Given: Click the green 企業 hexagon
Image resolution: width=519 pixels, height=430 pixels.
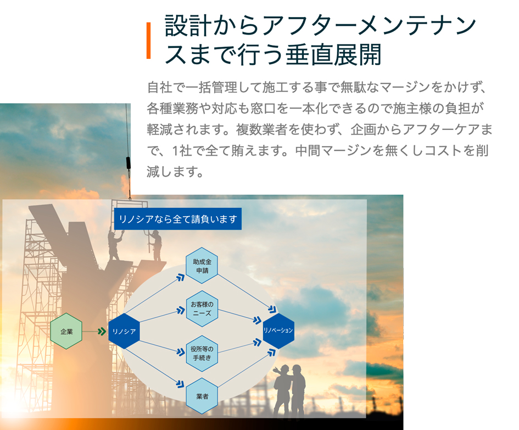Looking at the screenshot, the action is coord(66,331).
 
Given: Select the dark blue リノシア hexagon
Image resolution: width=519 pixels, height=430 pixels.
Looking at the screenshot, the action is coord(124,331).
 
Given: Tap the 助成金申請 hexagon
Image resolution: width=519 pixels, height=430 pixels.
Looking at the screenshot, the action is coord(202,266).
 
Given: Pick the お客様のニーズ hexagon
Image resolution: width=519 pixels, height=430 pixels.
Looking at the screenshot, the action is coord(202,308).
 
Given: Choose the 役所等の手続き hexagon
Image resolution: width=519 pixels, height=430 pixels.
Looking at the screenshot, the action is coord(202,353).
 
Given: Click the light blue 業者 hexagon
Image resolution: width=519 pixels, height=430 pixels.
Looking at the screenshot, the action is coord(202,396).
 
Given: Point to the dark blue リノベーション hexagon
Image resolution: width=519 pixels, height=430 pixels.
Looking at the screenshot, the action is coord(278,330).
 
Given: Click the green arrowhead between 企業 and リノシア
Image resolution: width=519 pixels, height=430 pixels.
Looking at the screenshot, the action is coord(102,331).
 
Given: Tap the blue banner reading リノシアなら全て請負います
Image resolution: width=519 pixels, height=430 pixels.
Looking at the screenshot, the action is coord(178,219).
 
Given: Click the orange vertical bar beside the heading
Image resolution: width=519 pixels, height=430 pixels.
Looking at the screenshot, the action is coord(149,41).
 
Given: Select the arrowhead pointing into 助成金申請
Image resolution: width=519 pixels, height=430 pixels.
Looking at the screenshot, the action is coord(180,277).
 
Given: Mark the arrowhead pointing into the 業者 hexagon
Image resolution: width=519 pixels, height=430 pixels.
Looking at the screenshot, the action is coord(180,384).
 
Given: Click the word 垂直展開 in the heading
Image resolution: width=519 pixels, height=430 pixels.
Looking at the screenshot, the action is coord(334,54).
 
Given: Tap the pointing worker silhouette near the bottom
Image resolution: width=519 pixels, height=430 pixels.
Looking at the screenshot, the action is coord(282,390).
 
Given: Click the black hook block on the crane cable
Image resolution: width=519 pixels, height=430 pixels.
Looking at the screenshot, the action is coord(129,163).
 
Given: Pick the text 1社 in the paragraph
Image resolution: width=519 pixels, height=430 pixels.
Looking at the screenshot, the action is coord(182,151).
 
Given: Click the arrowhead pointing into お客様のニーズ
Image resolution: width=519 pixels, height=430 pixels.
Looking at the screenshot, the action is coord(181,310).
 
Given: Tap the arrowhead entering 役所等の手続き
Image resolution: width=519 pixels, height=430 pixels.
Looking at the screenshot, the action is coord(181,352).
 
